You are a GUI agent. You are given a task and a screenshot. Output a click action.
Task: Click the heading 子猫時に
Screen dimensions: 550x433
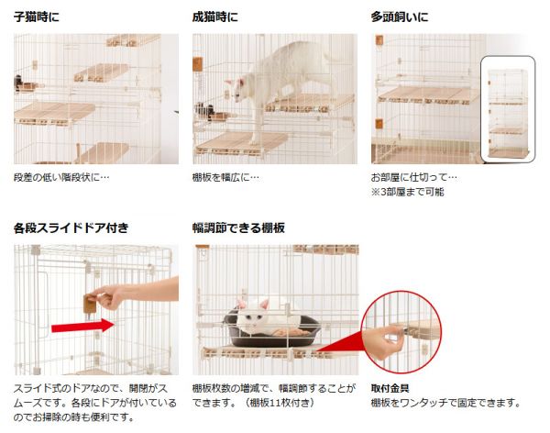pyautogui.click(x=37, y=17)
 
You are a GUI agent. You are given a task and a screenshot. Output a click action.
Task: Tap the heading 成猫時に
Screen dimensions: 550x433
pyautogui.click(x=215, y=17)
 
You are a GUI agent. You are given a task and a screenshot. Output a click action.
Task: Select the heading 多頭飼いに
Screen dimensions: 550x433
pyautogui.click(x=400, y=17)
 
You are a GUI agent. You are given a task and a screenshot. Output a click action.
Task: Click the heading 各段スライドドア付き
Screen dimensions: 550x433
pyautogui.click(x=71, y=228)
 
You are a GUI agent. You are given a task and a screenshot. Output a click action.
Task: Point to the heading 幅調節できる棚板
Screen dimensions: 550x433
pyautogui.click(x=238, y=228)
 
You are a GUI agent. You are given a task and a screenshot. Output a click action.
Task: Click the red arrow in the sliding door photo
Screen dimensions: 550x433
pyautogui.click(x=82, y=326)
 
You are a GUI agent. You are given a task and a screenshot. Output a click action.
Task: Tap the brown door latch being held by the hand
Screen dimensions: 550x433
pyautogui.click(x=90, y=305)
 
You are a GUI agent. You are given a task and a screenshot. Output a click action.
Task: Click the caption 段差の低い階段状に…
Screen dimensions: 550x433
pyautogui.click(x=61, y=177)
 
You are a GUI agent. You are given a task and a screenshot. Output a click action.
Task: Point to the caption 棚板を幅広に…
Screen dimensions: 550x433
pyautogui.click(x=225, y=177)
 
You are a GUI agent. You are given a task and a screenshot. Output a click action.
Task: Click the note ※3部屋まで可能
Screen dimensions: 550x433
pyautogui.click(x=408, y=192)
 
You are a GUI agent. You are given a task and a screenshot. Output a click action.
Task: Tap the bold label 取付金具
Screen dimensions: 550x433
pyautogui.click(x=390, y=388)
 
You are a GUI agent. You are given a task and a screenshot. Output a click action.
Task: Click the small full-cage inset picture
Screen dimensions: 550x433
pyautogui.click(x=508, y=109)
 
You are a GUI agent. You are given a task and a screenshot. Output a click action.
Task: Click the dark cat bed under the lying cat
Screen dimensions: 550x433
pyautogui.click(x=272, y=331)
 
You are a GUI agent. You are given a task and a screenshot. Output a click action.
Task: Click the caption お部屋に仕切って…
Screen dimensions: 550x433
pyautogui.click(x=414, y=177)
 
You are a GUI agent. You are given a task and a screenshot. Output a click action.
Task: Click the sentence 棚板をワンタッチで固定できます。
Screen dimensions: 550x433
pyautogui.click(x=446, y=403)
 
